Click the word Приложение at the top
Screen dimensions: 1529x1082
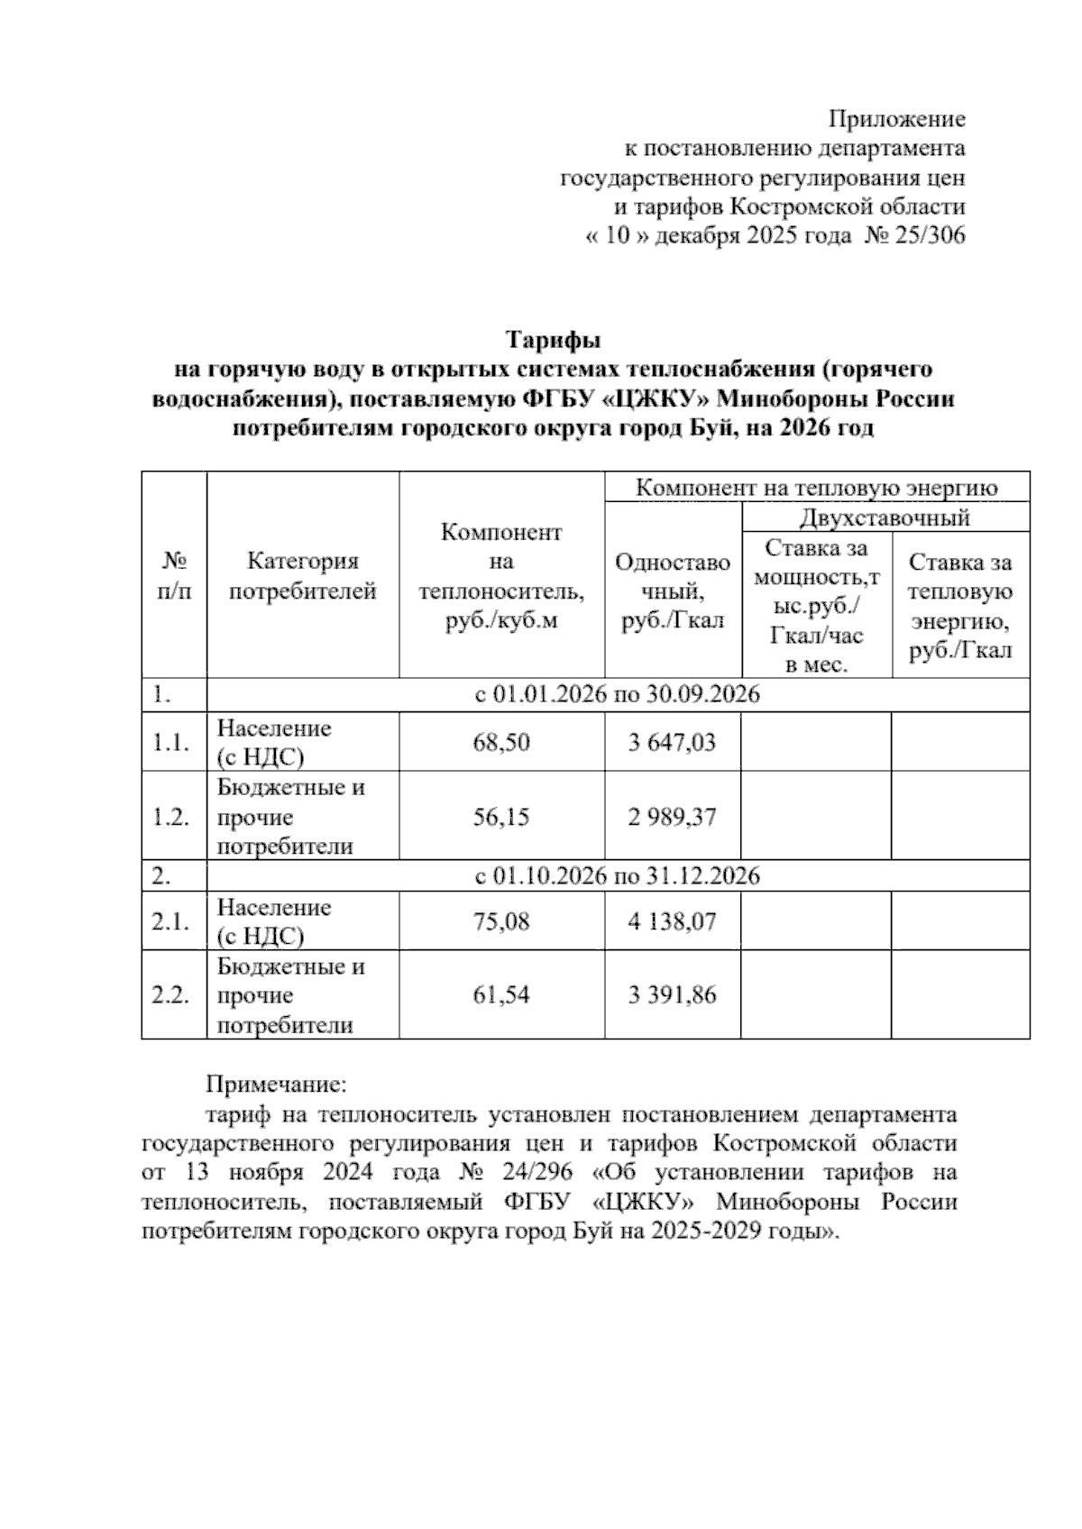pyautogui.click(x=896, y=119)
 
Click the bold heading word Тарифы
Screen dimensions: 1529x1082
pyautogui.click(x=552, y=341)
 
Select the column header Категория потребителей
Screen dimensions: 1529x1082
pyautogui.click(x=302, y=577)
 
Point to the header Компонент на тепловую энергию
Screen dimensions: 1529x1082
pyautogui.click(x=816, y=488)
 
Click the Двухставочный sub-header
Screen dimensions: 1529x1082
pyautogui.click(x=885, y=517)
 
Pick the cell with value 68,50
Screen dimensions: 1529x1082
pyautogui.click(x=501, y=743)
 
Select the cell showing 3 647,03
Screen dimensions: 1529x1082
pyautogui.click(x=672, y=743)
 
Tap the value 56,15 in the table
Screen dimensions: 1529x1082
pyautogui.click(x=501, y=817)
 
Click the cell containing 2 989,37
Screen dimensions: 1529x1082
pyautogui.click(x=672, y=817)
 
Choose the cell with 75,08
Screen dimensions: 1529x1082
pyautogui.click(x=501, y=921)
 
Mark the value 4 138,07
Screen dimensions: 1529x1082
pyautogui.click(x=672, y=921)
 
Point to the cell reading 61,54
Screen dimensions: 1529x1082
pyautogui.click(x=501, y=995)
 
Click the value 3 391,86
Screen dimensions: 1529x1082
pyautogui.click(x=672, y=995)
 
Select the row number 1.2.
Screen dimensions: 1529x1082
pyautogui.click(x=170, y=817)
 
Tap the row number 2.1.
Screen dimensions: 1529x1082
pyautogui.click(x=170, y=921)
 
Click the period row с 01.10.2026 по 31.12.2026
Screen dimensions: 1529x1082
pyautogui.click(x=618, y=875)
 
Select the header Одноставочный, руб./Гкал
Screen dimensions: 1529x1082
pyautogui.click(x=673, y=591)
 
